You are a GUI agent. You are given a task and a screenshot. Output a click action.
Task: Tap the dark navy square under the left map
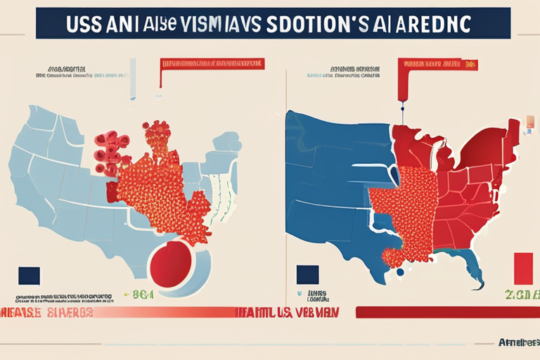tap(30, 275)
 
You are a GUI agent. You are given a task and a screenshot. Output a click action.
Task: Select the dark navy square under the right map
tap(307, 275)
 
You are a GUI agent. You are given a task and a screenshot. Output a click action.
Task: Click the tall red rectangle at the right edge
tap(524, 270)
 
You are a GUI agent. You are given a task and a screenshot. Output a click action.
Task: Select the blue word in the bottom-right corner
tap(517, 342)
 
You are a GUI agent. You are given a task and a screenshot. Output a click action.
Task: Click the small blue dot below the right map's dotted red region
tap(400, 271)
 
